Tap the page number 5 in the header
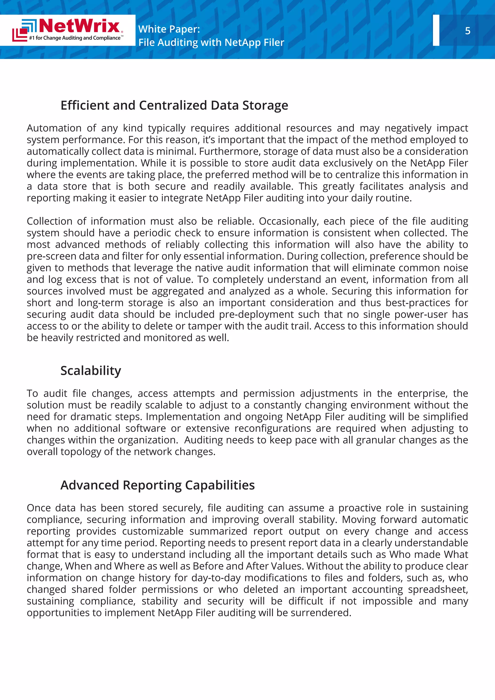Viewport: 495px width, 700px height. click(468, 31)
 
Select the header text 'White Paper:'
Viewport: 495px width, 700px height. click(169, 29)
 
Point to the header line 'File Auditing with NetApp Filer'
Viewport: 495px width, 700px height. click(211, 42)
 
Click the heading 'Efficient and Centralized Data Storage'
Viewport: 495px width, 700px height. click(174, 105)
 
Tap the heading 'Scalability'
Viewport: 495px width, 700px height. click(91, 371)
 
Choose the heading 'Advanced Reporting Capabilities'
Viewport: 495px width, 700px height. click(157, 485)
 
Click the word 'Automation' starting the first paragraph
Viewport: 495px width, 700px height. click(54, 128)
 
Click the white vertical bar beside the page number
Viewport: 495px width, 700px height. click(436, 30)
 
